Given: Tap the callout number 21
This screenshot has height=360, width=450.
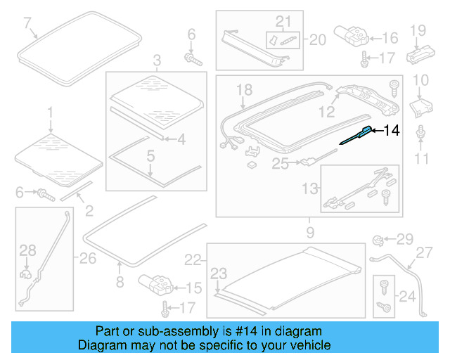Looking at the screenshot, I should (x=283, y=22).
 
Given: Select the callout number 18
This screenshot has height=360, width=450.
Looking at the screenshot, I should (x=243, y=89).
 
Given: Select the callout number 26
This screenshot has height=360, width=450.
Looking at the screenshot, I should (x=86, y=259).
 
